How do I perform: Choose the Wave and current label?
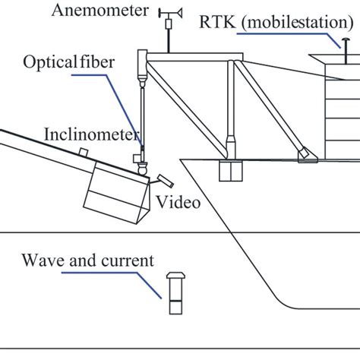pos(87,261)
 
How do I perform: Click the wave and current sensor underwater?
pos(175,292)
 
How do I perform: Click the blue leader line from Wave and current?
pos(150,281)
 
